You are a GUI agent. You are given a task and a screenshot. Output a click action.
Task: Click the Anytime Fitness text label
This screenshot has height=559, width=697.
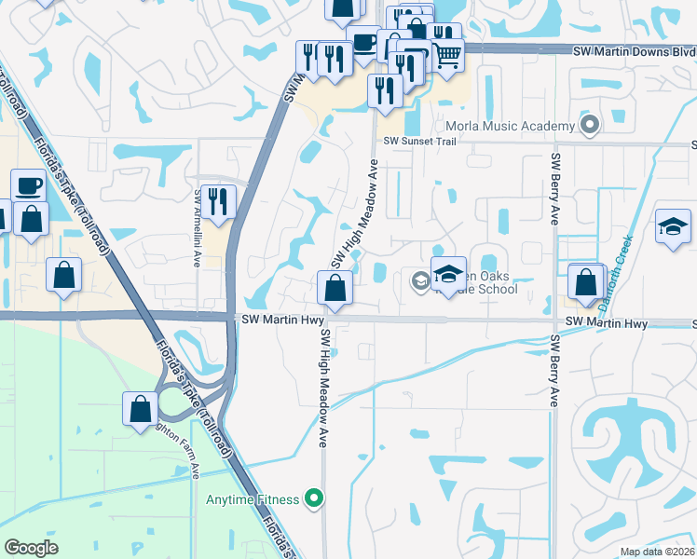coord(253,500)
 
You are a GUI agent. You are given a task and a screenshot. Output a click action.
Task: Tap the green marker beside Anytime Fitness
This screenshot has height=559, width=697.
coord(314,500)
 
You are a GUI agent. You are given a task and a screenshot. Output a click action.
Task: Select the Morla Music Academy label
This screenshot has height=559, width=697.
coord(511,126)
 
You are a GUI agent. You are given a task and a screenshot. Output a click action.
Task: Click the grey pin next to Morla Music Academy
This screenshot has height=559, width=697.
coord(588,124)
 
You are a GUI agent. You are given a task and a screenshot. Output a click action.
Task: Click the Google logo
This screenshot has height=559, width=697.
coord(31,548)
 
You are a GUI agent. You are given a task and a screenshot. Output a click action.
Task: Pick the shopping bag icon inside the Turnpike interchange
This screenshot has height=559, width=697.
coord(140,408)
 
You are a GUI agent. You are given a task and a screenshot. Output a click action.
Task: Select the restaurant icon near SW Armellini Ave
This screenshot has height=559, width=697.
coord(219,201)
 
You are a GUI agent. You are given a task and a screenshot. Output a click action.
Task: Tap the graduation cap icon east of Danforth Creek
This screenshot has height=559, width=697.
coord(673,226)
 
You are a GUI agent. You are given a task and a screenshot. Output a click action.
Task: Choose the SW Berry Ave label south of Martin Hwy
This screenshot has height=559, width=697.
coord(553,371)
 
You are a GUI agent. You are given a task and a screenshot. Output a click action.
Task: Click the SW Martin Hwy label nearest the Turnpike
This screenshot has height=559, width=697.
coord(274,319)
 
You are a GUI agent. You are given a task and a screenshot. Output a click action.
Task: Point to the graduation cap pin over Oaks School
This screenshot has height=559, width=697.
coord(448,274)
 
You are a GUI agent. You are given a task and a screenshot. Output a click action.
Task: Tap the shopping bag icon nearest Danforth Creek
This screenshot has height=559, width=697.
coord(585,282)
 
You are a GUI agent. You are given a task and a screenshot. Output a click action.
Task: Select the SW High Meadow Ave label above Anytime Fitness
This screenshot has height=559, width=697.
coord(325,388)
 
